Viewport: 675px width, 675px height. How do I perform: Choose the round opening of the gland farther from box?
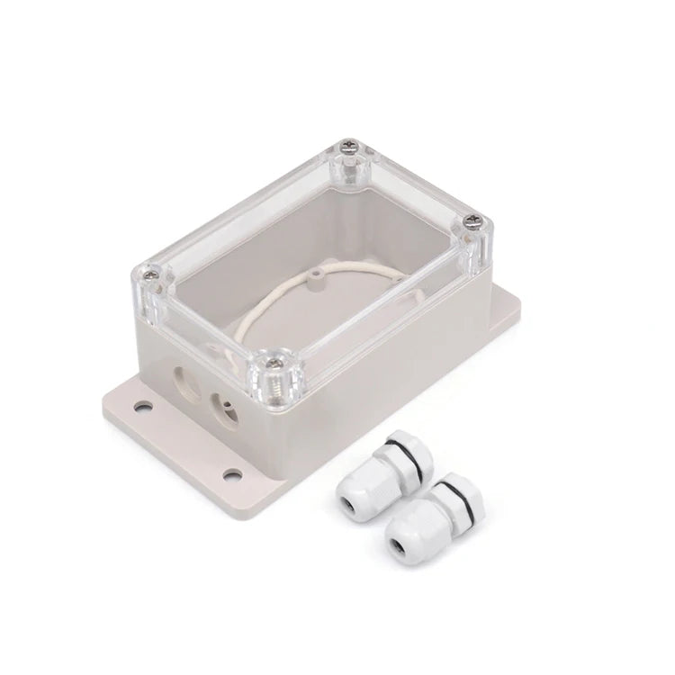[397, 546]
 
